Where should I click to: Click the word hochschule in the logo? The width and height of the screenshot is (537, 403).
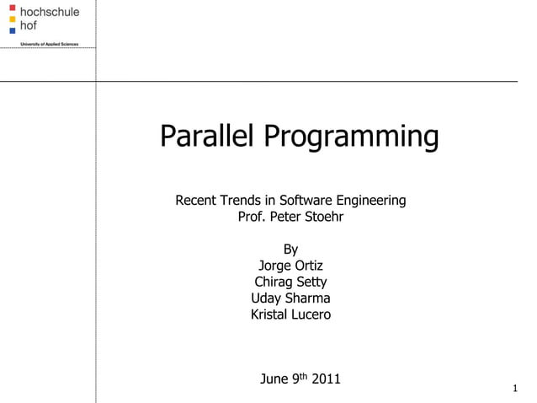[50, 12]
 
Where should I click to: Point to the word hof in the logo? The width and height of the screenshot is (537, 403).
[29, 25]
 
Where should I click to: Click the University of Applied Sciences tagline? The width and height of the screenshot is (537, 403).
[50, 43]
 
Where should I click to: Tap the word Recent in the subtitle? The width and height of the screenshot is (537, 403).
[195, 201]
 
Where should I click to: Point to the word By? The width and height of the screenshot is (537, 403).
[290, 250]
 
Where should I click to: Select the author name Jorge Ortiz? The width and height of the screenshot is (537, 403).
[290, 266]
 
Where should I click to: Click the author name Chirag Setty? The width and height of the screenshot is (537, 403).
[290, 282]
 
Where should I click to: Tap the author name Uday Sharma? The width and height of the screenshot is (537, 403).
[290, 298]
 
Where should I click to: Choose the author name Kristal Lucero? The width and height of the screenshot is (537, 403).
[290, 314]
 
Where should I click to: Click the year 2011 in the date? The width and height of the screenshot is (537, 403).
[326, 379]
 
